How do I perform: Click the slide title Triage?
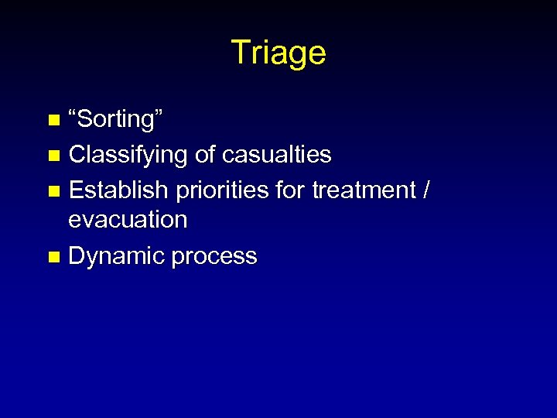click(x=278, y=53)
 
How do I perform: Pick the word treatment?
click(x=364, y=190)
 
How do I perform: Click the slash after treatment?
click(x=425, y=190)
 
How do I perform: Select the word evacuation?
click(x=128, y=220)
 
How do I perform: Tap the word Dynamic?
click(x=117, y=257)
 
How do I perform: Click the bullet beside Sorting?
click(x=53, y=120)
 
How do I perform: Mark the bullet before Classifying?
click(x=53, y=156)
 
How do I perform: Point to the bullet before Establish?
click(x=53, y=190)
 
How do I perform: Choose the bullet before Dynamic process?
click(x=53, y=257)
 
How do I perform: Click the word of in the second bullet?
click(x=205, y=155)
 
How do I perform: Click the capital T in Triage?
click(x=239, y=53)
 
